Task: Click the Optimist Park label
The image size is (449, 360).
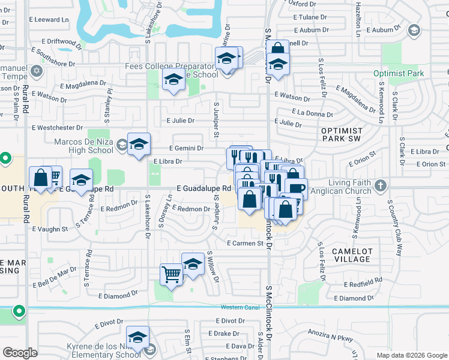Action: click(x=398, y=73)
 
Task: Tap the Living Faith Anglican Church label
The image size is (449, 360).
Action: click(x=340, y=187)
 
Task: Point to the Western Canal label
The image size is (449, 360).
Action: click(x=240, y=308)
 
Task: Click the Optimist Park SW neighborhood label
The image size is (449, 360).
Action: click(x=342, y=135)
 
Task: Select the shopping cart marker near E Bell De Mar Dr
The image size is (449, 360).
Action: click(x=171, y=274)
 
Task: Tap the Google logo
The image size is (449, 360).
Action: click(x=20, y=353)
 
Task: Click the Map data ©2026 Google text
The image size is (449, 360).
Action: click(x=412, y=355)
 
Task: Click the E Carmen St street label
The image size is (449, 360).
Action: click(x=245, y=243)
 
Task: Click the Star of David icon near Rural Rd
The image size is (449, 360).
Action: click(x=36, y=71)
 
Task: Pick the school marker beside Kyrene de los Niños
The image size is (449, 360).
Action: click(x=137, y=337)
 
